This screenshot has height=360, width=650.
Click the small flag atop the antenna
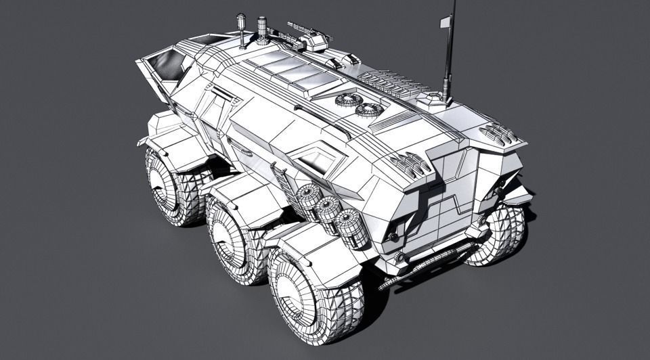[x=445, y=22]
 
